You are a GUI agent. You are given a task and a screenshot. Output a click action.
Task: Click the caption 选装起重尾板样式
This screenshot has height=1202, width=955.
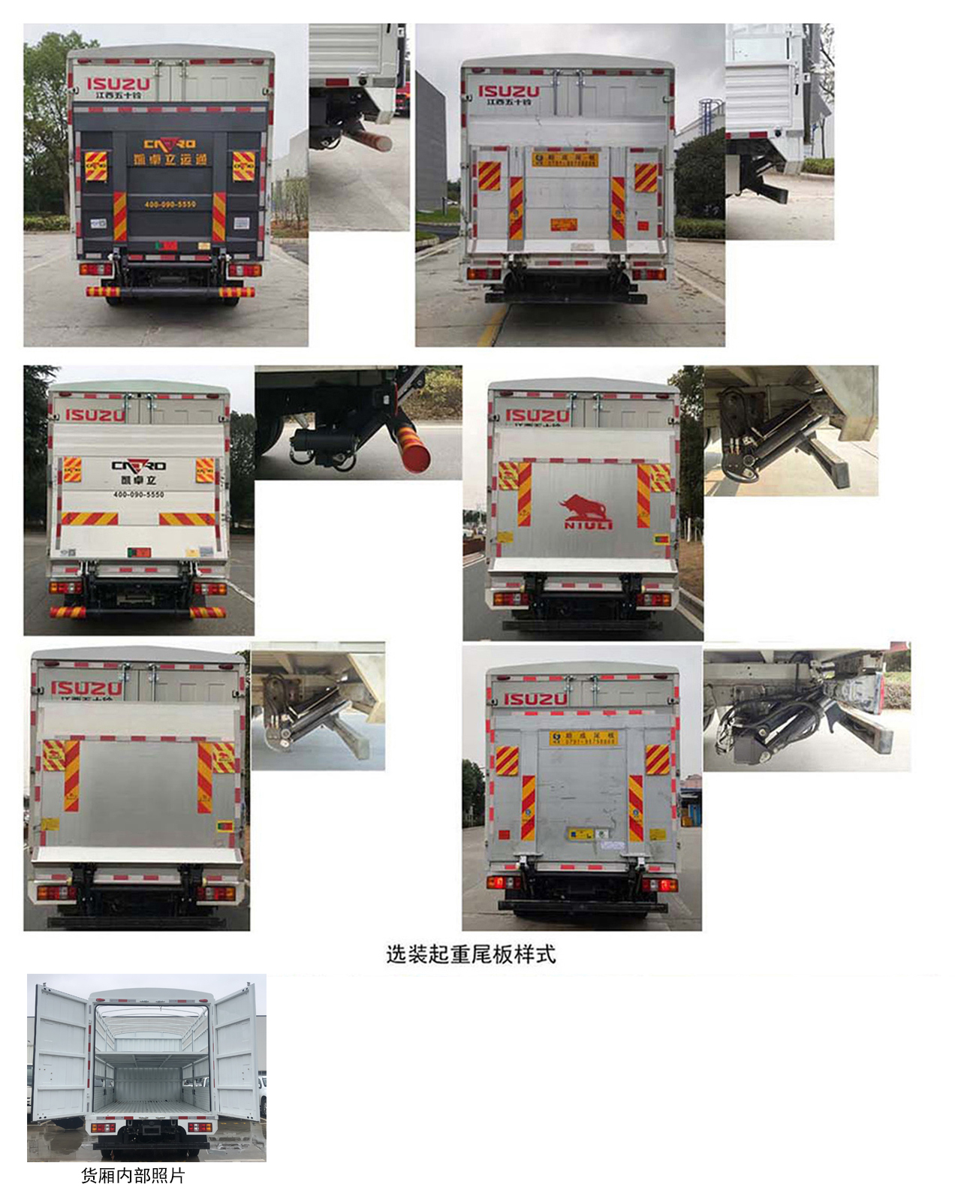pos(471,954)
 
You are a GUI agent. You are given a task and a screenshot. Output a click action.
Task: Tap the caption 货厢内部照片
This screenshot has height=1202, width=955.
pos(133,1176)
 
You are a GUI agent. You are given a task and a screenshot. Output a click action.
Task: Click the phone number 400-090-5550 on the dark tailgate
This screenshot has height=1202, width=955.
pos(170,204)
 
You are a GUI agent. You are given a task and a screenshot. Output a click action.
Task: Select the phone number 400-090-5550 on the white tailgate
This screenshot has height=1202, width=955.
pos(138,495)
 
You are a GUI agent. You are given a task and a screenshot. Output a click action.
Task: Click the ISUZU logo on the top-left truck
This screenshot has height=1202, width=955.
pos(118,84)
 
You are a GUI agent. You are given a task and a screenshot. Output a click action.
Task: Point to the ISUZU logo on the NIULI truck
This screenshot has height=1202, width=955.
pos(537,415)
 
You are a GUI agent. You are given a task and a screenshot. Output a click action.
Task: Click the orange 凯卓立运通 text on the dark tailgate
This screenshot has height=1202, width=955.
pos(170,159)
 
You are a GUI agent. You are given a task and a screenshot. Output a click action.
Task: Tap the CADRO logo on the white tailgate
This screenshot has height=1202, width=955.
pos(139,466)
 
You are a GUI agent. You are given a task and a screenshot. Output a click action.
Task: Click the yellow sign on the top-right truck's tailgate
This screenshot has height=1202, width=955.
pos(564,159)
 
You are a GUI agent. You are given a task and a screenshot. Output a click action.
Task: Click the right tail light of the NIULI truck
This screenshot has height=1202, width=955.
pos(654,599)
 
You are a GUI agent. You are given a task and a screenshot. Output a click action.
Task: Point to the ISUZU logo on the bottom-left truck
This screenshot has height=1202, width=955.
pos(86,688)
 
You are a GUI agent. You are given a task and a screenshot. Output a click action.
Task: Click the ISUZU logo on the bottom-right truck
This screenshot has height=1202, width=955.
pos(535,699)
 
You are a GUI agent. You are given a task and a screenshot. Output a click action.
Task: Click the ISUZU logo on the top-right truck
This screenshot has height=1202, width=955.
pos(509,92)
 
